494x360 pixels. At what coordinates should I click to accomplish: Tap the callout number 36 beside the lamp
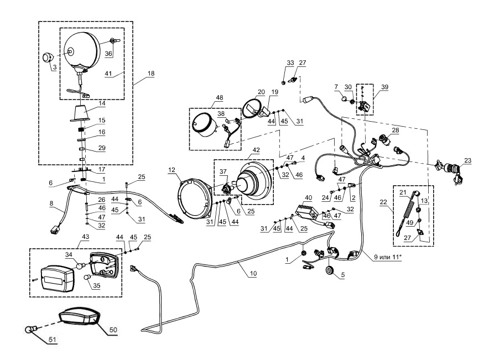pyautogui.click(x=108, y=54)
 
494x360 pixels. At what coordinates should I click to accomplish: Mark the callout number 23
pyautogui.click(x=469, y=160)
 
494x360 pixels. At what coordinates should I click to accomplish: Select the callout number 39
pyautogui.click(x=384, y=86)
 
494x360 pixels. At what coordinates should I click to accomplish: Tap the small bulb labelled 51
pyautogui.click(x=30, y=331)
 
